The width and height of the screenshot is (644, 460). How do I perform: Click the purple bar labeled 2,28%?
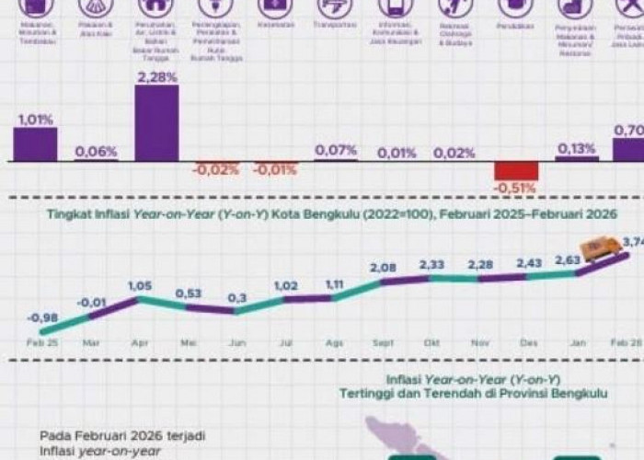156,123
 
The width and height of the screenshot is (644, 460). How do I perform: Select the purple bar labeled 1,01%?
35,144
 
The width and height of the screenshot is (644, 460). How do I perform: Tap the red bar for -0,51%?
516,171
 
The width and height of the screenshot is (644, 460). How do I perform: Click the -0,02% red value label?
215,169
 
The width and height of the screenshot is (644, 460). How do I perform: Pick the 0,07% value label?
336,149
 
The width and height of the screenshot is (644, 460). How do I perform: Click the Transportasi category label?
335,27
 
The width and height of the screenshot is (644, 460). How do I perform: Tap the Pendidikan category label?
515,27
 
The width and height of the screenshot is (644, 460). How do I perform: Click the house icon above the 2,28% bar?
155,7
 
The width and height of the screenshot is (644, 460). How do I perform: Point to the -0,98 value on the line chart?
42,317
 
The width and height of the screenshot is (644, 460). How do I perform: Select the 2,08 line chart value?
385,267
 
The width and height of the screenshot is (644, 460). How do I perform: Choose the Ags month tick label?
334,342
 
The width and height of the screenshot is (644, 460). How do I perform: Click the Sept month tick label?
385,342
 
